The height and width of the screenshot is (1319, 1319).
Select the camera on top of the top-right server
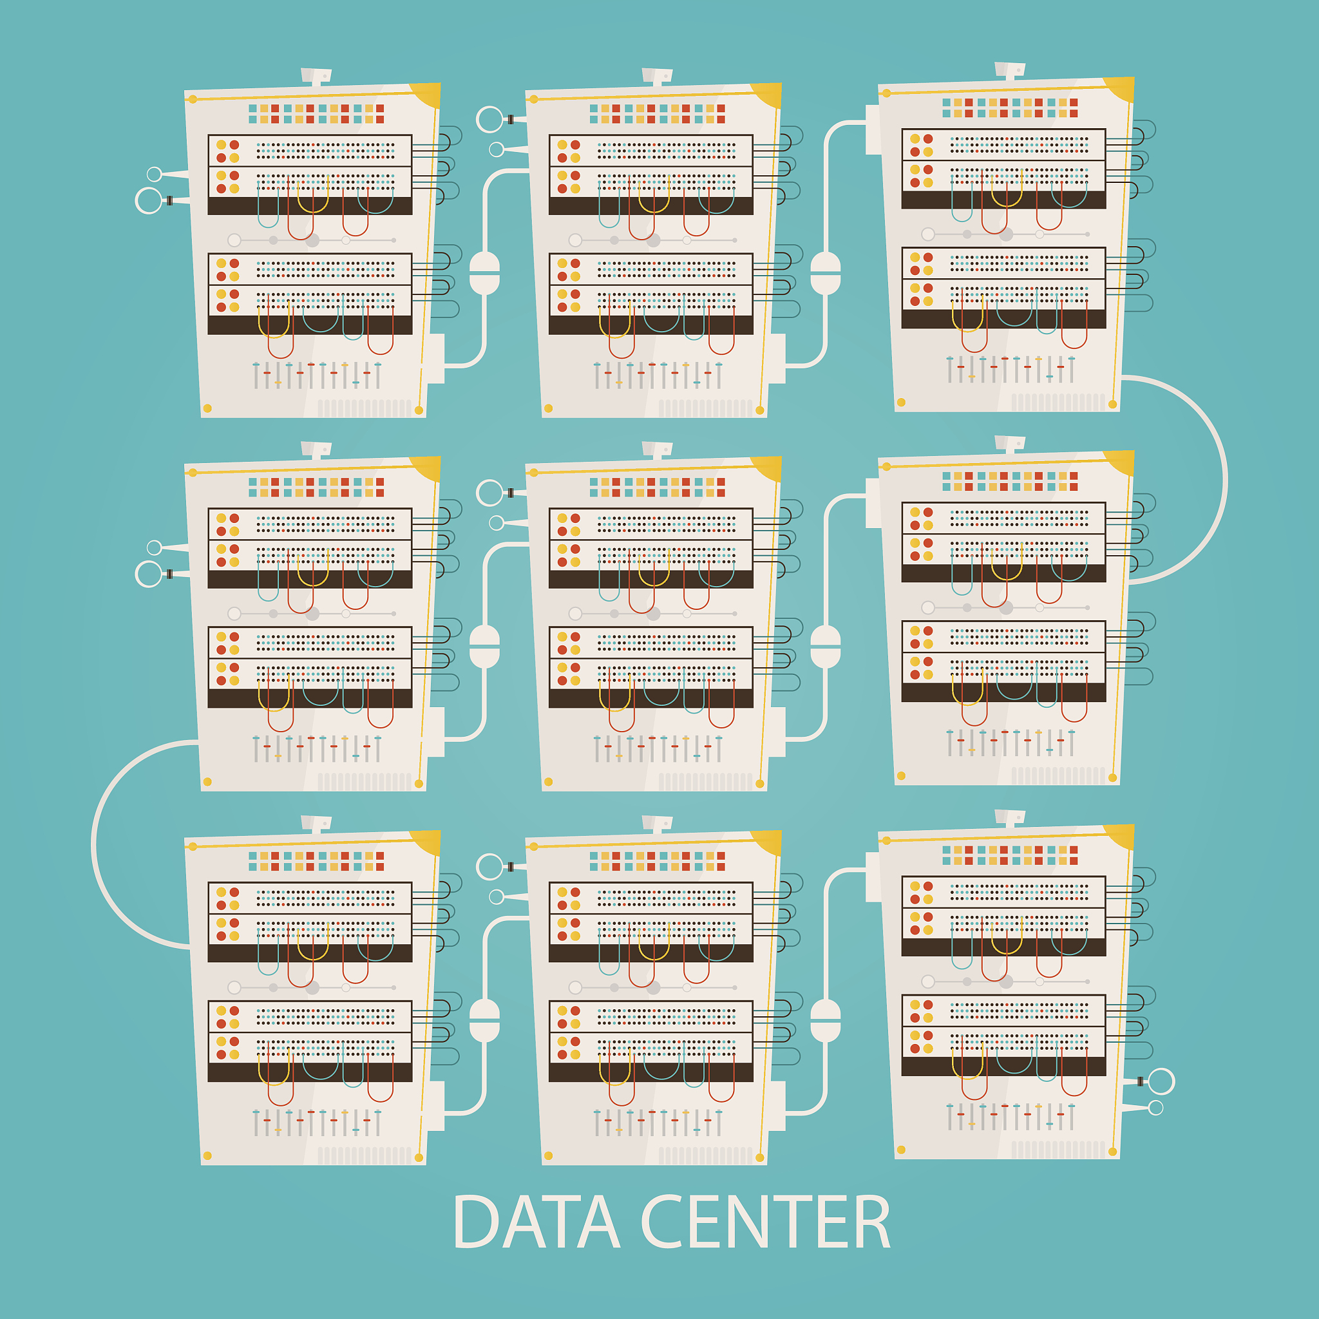tap(1010, 70)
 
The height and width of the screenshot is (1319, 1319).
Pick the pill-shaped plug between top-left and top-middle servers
tap(485, 273)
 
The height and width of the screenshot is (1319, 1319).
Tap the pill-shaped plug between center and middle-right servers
tap(826, 647)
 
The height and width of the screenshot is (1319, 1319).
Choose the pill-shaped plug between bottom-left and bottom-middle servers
tap(485, 1021)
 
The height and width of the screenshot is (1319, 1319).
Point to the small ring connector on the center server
tap(497, 523)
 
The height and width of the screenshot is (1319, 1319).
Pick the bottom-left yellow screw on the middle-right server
tap(901, 775)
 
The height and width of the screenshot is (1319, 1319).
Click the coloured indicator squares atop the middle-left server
tap(316, 487)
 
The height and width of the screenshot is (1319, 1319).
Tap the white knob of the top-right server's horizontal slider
tap(928, 234)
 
